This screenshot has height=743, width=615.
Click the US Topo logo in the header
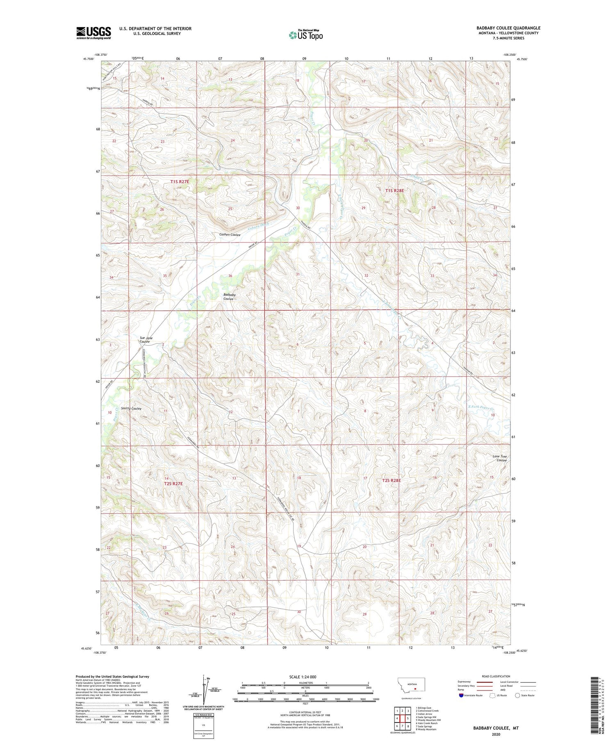click(x=305, y=35)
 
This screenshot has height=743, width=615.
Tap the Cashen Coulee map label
click(x=230, y=235)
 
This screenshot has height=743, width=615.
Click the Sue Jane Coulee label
click(x=146, y=340)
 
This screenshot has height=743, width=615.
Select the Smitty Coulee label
click(x=131, y=409)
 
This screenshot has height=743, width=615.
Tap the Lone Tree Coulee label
click(x=499, y=458)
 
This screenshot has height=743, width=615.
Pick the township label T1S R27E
click(x=180, y=181)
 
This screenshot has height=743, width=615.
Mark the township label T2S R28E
click(x=391, y=480)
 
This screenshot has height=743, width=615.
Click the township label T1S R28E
click(x=394, y=191)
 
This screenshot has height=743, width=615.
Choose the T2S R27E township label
click(x=173, y=484)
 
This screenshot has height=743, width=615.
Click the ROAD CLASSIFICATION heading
click(x=496, y=676)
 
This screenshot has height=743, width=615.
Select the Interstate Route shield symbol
click(x=462, y=695)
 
